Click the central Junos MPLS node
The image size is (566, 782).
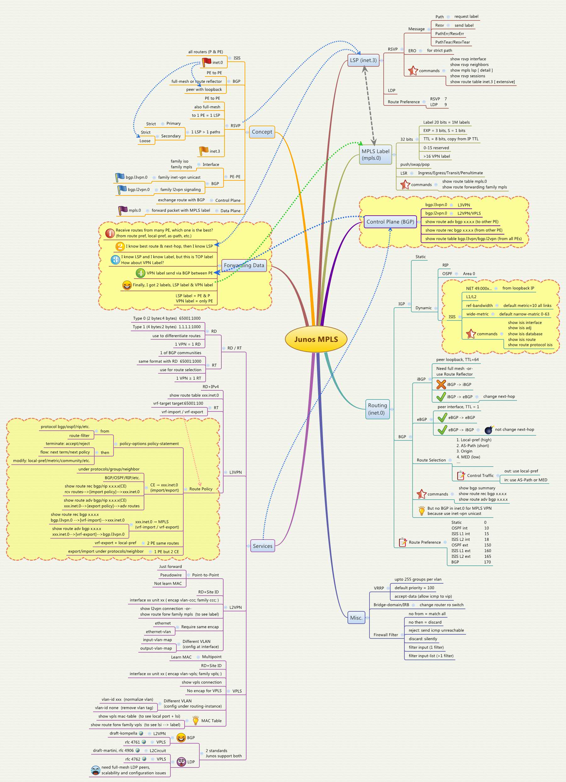(x=316, y=339)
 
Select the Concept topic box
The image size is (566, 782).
(x=262, y=132)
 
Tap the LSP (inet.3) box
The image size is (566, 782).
(x=363, y=60)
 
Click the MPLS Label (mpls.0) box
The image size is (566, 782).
(x=375, y=155)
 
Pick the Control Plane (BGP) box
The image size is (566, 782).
(x=390, y=222)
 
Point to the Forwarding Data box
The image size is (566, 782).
(x=244, y=265)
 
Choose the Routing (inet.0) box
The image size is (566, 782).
(x=377, y=409)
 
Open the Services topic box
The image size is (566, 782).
(x=263, y=546)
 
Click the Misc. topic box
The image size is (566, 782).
(x=356, y=618)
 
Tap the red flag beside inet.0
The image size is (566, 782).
(x=206, y=62)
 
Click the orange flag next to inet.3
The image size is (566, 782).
(x=204, y=151)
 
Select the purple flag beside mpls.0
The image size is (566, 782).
(x=123, y=210)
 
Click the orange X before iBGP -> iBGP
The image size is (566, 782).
(x=441, y=384)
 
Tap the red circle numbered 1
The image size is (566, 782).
(x=110, y=233)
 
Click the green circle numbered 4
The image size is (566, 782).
(x=140, y=273)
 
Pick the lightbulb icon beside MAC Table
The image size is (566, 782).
(x=196, y=720)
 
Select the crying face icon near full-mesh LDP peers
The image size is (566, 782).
(x=95, y=770)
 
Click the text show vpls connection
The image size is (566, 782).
(x=202, y=682)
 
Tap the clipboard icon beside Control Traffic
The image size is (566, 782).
(x=461, y=475)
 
